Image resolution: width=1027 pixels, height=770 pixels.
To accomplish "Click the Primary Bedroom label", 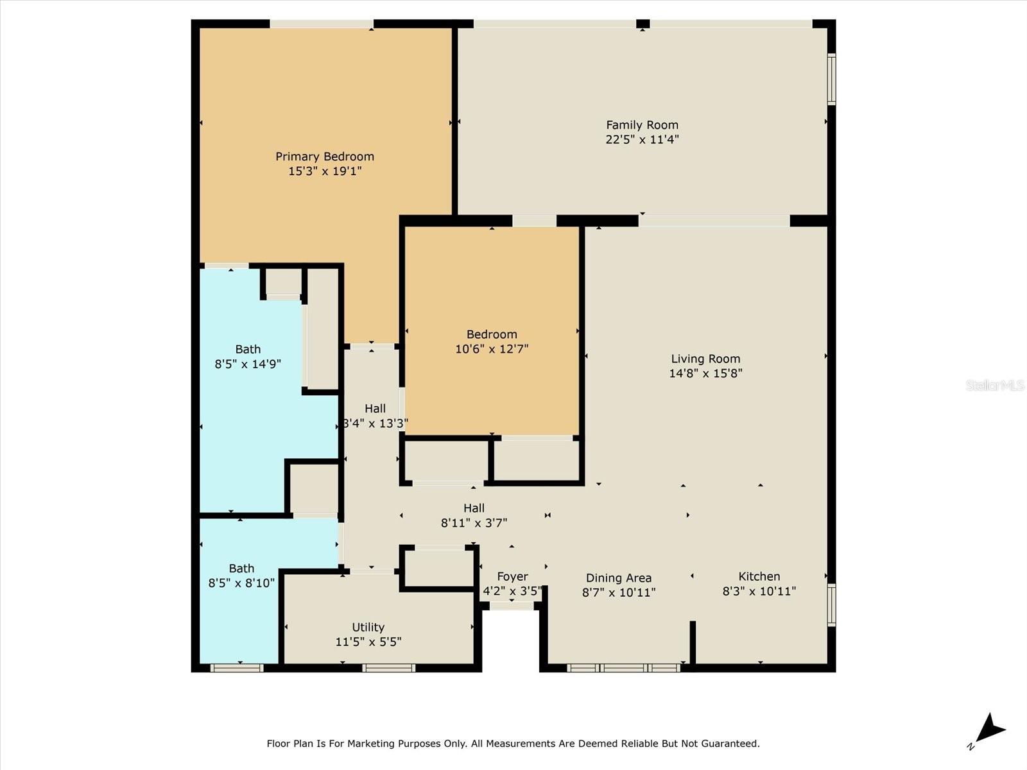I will coord(325,157).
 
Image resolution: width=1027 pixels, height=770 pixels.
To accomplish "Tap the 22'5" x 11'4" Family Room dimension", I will coord(642,139).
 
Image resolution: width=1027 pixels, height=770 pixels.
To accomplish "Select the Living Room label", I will coord(705,359).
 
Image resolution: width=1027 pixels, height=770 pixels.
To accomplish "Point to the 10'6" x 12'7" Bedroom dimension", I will coord(492,348).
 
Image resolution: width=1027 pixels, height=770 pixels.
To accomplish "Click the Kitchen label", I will coord(759,576).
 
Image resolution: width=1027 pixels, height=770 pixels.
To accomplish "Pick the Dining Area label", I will coord(618,578).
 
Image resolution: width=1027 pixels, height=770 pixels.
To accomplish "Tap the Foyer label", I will coord(512,576).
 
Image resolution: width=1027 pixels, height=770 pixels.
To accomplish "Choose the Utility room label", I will coord(368,627).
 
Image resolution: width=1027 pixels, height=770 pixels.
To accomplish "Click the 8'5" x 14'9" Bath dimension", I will coord(248,364).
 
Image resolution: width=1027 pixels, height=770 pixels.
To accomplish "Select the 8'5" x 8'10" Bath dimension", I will coord(241,583).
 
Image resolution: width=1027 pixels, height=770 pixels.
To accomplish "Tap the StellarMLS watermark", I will coord(994,385).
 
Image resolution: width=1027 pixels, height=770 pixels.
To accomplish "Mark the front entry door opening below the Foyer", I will coord(512,605).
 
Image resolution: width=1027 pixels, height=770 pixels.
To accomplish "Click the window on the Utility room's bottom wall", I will coord(388,668).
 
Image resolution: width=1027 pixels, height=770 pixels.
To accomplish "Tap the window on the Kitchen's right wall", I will coord(831,604).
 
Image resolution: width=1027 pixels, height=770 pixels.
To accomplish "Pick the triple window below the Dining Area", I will coord(624,668).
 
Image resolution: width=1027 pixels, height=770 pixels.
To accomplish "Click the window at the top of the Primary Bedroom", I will coord(321,24).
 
